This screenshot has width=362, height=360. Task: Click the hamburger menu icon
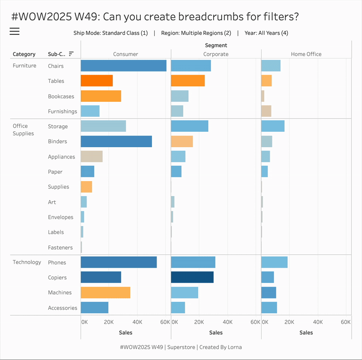14,31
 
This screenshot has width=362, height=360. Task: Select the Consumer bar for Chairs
124,66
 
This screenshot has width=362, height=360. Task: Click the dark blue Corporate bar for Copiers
192,278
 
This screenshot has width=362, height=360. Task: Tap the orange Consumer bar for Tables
97,81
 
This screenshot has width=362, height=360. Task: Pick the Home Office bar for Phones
274,262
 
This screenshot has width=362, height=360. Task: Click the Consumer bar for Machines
105,293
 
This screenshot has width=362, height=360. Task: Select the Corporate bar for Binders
182,141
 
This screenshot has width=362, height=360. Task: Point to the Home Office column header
306,54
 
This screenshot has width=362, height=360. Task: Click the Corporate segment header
216,54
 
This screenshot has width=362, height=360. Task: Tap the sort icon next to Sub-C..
71,54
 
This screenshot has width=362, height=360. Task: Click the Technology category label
27,262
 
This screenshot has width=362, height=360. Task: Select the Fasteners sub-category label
60,247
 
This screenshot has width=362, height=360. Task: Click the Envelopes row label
61,217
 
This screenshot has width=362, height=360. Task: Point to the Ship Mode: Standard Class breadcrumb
110,33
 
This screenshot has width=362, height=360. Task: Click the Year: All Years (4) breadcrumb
266,33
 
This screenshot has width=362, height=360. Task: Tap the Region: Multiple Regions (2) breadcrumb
196,33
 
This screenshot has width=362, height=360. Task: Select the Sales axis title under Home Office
306,332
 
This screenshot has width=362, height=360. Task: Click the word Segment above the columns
216,45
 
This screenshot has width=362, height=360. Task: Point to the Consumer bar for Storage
103,126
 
